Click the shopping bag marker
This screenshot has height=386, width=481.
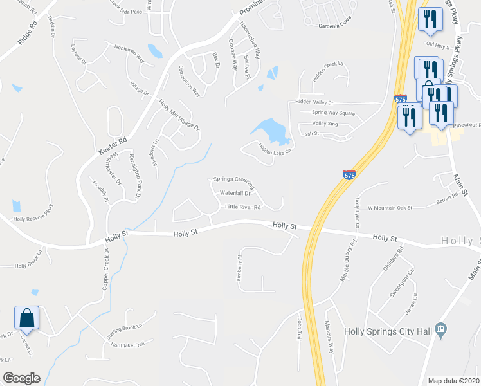click(x=27, y=318)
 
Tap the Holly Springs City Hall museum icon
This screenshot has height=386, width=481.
click(x=440, y=330)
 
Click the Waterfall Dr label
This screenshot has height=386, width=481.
click(x=235, y=193)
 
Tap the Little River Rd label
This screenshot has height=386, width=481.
click(x=242, y=207)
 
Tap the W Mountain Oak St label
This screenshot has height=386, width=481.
click(x=389, y=208)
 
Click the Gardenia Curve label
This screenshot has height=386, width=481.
click(x=337, y=26)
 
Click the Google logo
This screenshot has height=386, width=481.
click(x=21, y=378)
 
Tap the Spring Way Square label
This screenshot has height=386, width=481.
click(x=333, y=113)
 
